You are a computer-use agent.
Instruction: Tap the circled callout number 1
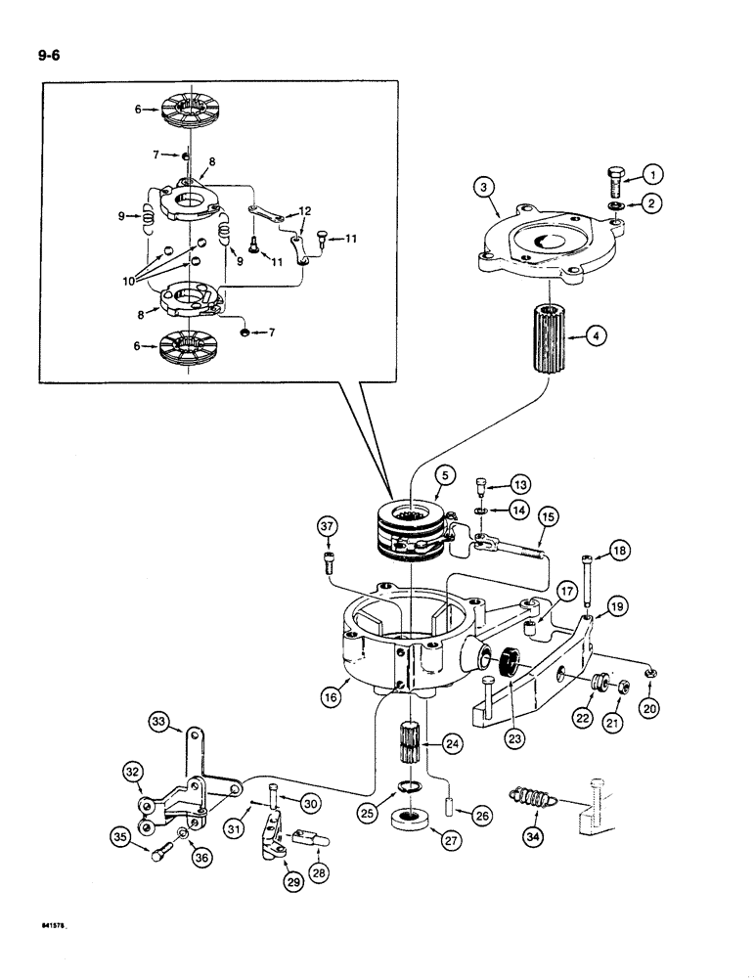pyautogui.click(x=654, y=175)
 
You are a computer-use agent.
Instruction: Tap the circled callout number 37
pyautogui.click(x=329, y=529)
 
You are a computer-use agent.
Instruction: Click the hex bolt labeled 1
pyautogui.click(x=614, y=181)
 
